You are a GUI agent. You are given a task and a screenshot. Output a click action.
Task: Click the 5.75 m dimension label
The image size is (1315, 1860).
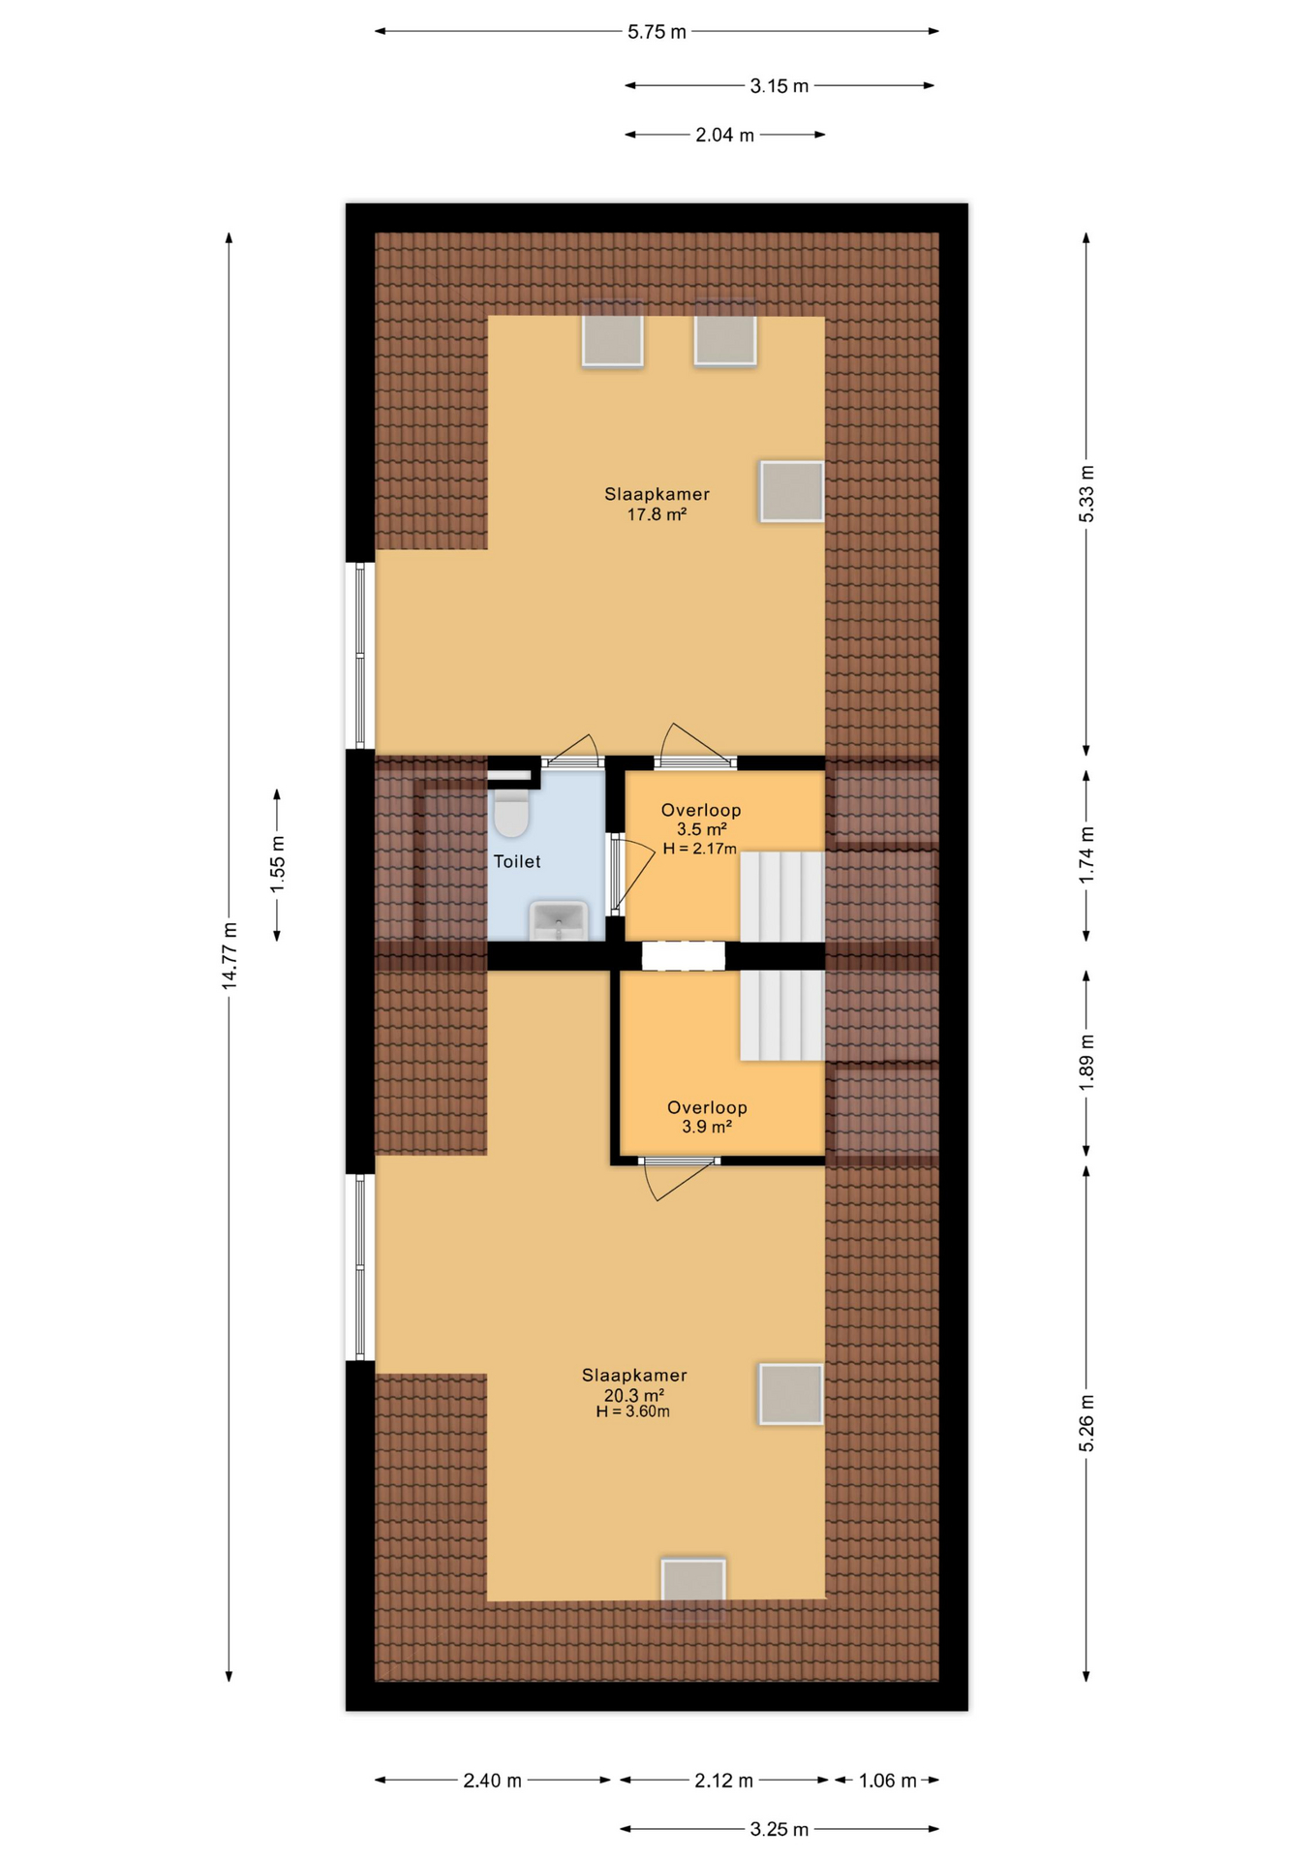coord(657,32)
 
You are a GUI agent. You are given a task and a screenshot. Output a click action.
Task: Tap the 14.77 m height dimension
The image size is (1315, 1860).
coord(229,955)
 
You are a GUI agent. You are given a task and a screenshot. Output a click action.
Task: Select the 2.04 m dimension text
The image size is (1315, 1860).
coord(724,136)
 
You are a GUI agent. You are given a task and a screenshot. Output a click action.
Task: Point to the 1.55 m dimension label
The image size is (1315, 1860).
coord(278,864)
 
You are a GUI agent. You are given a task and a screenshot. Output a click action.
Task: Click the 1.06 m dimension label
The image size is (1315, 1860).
coord(887,1781)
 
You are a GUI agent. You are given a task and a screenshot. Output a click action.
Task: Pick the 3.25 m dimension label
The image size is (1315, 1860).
coord(779,1829)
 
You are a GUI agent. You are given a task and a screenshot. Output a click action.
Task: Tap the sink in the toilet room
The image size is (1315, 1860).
coord(559,920)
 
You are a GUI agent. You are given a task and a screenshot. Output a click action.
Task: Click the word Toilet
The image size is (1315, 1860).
coord(517,861)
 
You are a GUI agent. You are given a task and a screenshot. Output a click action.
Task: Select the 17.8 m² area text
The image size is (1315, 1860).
coord(657,514)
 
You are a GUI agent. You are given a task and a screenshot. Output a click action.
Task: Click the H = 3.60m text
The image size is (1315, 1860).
coord(632,1411)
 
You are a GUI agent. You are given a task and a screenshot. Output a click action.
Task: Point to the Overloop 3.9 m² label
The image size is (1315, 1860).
coord(707,1116)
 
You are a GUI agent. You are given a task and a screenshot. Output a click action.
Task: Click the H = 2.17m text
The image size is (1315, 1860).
coord(699,849)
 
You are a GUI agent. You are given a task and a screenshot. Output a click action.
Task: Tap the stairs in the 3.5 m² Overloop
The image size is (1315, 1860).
coord(782,896)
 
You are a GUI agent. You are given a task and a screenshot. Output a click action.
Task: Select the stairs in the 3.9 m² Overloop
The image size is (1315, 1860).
coord(782,1015)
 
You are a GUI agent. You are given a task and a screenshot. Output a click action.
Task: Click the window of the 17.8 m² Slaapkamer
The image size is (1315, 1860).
coord(360,656)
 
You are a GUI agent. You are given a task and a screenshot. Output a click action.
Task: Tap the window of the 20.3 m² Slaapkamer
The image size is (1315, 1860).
coord(360,1267)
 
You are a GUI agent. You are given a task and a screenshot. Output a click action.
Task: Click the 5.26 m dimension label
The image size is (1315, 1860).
coord(1086,1424)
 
